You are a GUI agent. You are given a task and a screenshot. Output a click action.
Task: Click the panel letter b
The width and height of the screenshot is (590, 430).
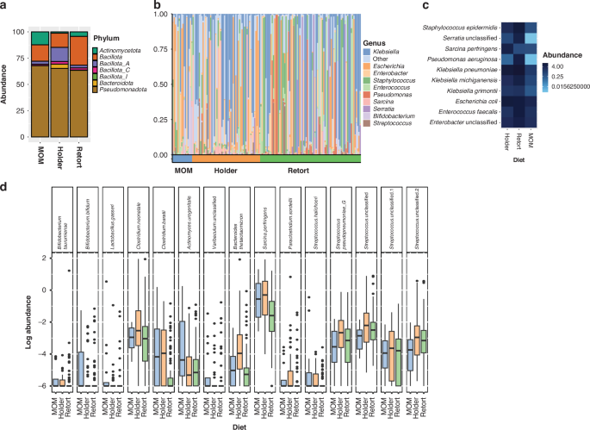coord(158,6)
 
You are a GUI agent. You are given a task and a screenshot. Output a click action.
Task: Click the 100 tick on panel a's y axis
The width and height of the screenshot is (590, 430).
coord(16,32)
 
